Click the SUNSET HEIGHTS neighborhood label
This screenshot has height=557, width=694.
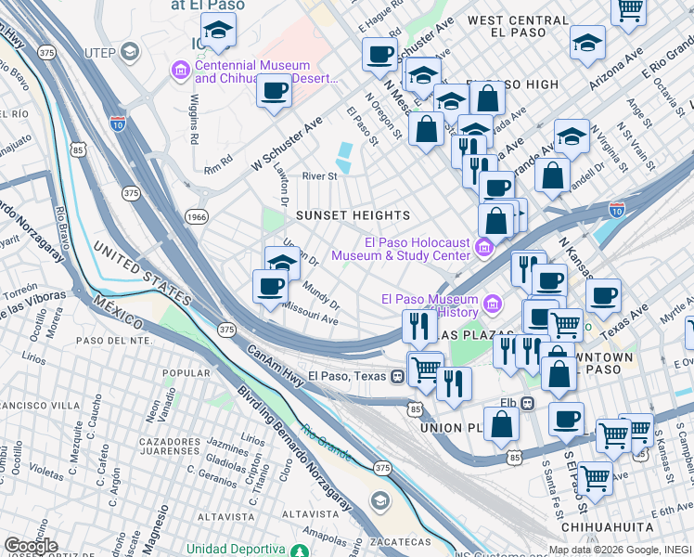pyautogui.click(x=353, y=215)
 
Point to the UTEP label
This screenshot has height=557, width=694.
pyautogui.click(x=98, y=52)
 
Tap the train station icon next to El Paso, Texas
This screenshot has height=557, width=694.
pyautogui.click(x=396, y=376)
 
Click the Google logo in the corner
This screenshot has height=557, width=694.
pyautogui.click(x=31, y=545)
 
